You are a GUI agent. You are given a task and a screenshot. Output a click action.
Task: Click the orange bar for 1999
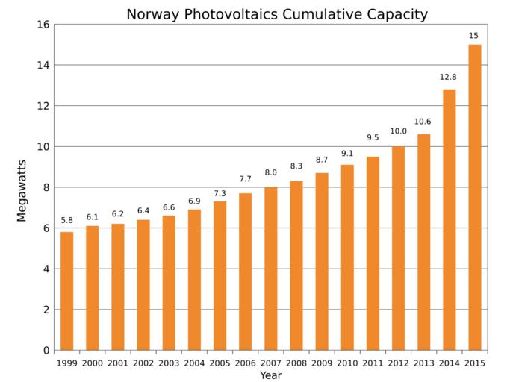pyautogui.click(x=67, y=291)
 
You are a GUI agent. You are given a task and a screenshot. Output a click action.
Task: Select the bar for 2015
pyautogui.click(x=475, y=197)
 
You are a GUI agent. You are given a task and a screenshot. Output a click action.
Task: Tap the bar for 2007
pyautogui.click(x=271, y=269)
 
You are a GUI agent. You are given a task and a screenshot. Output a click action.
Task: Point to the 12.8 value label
pyautogui.click(x=448, y=77)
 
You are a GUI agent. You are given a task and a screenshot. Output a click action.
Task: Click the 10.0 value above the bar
pyautogui.click(x=398, y=131)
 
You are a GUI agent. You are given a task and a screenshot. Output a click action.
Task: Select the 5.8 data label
pyautogui.click(x=67, y=220)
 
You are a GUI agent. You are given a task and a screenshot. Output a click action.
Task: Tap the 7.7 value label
pyautogui.click(x=246, y=179)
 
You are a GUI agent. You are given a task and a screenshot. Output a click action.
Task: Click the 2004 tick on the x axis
pyautogui.click(x=194, y=363)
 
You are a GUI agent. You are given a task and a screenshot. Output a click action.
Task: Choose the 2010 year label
pyautogui.click(x=347, y=363)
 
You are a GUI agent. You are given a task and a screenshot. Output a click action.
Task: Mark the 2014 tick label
pyautogui.click(x=449, y=363)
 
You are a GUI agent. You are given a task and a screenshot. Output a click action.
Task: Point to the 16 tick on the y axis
pyautogui.click(x=43, y=25)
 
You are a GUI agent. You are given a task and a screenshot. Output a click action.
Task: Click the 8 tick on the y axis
pyautogui.click(x=46, y=187)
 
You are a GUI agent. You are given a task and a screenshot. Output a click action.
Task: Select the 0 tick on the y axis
pyautogui.click(x=46, y=350)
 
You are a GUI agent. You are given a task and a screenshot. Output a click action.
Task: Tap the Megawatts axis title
pyautogui.click(x=22, y=190)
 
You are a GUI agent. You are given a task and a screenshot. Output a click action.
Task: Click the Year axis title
pyautogui.click(x=270, y=375)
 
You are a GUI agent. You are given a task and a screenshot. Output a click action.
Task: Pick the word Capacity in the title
pyautogui.click(x=398, y=14)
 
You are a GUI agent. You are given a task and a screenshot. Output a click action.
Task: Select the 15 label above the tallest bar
pyautogui.click(x=474, y=36)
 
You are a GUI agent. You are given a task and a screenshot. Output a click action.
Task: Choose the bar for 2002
pyautogui.click(x=143, y=284)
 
